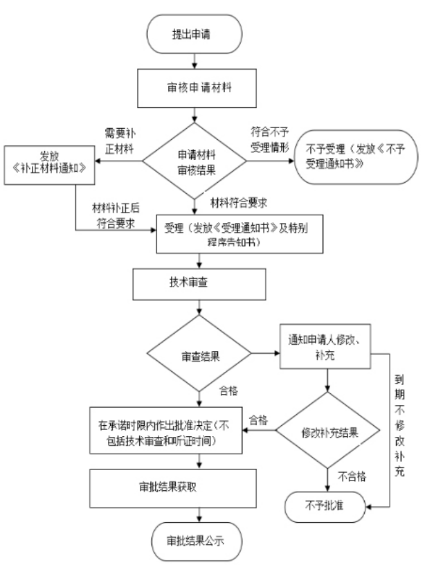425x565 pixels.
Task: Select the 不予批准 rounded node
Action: pyautogui.click(x=326, y=504)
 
